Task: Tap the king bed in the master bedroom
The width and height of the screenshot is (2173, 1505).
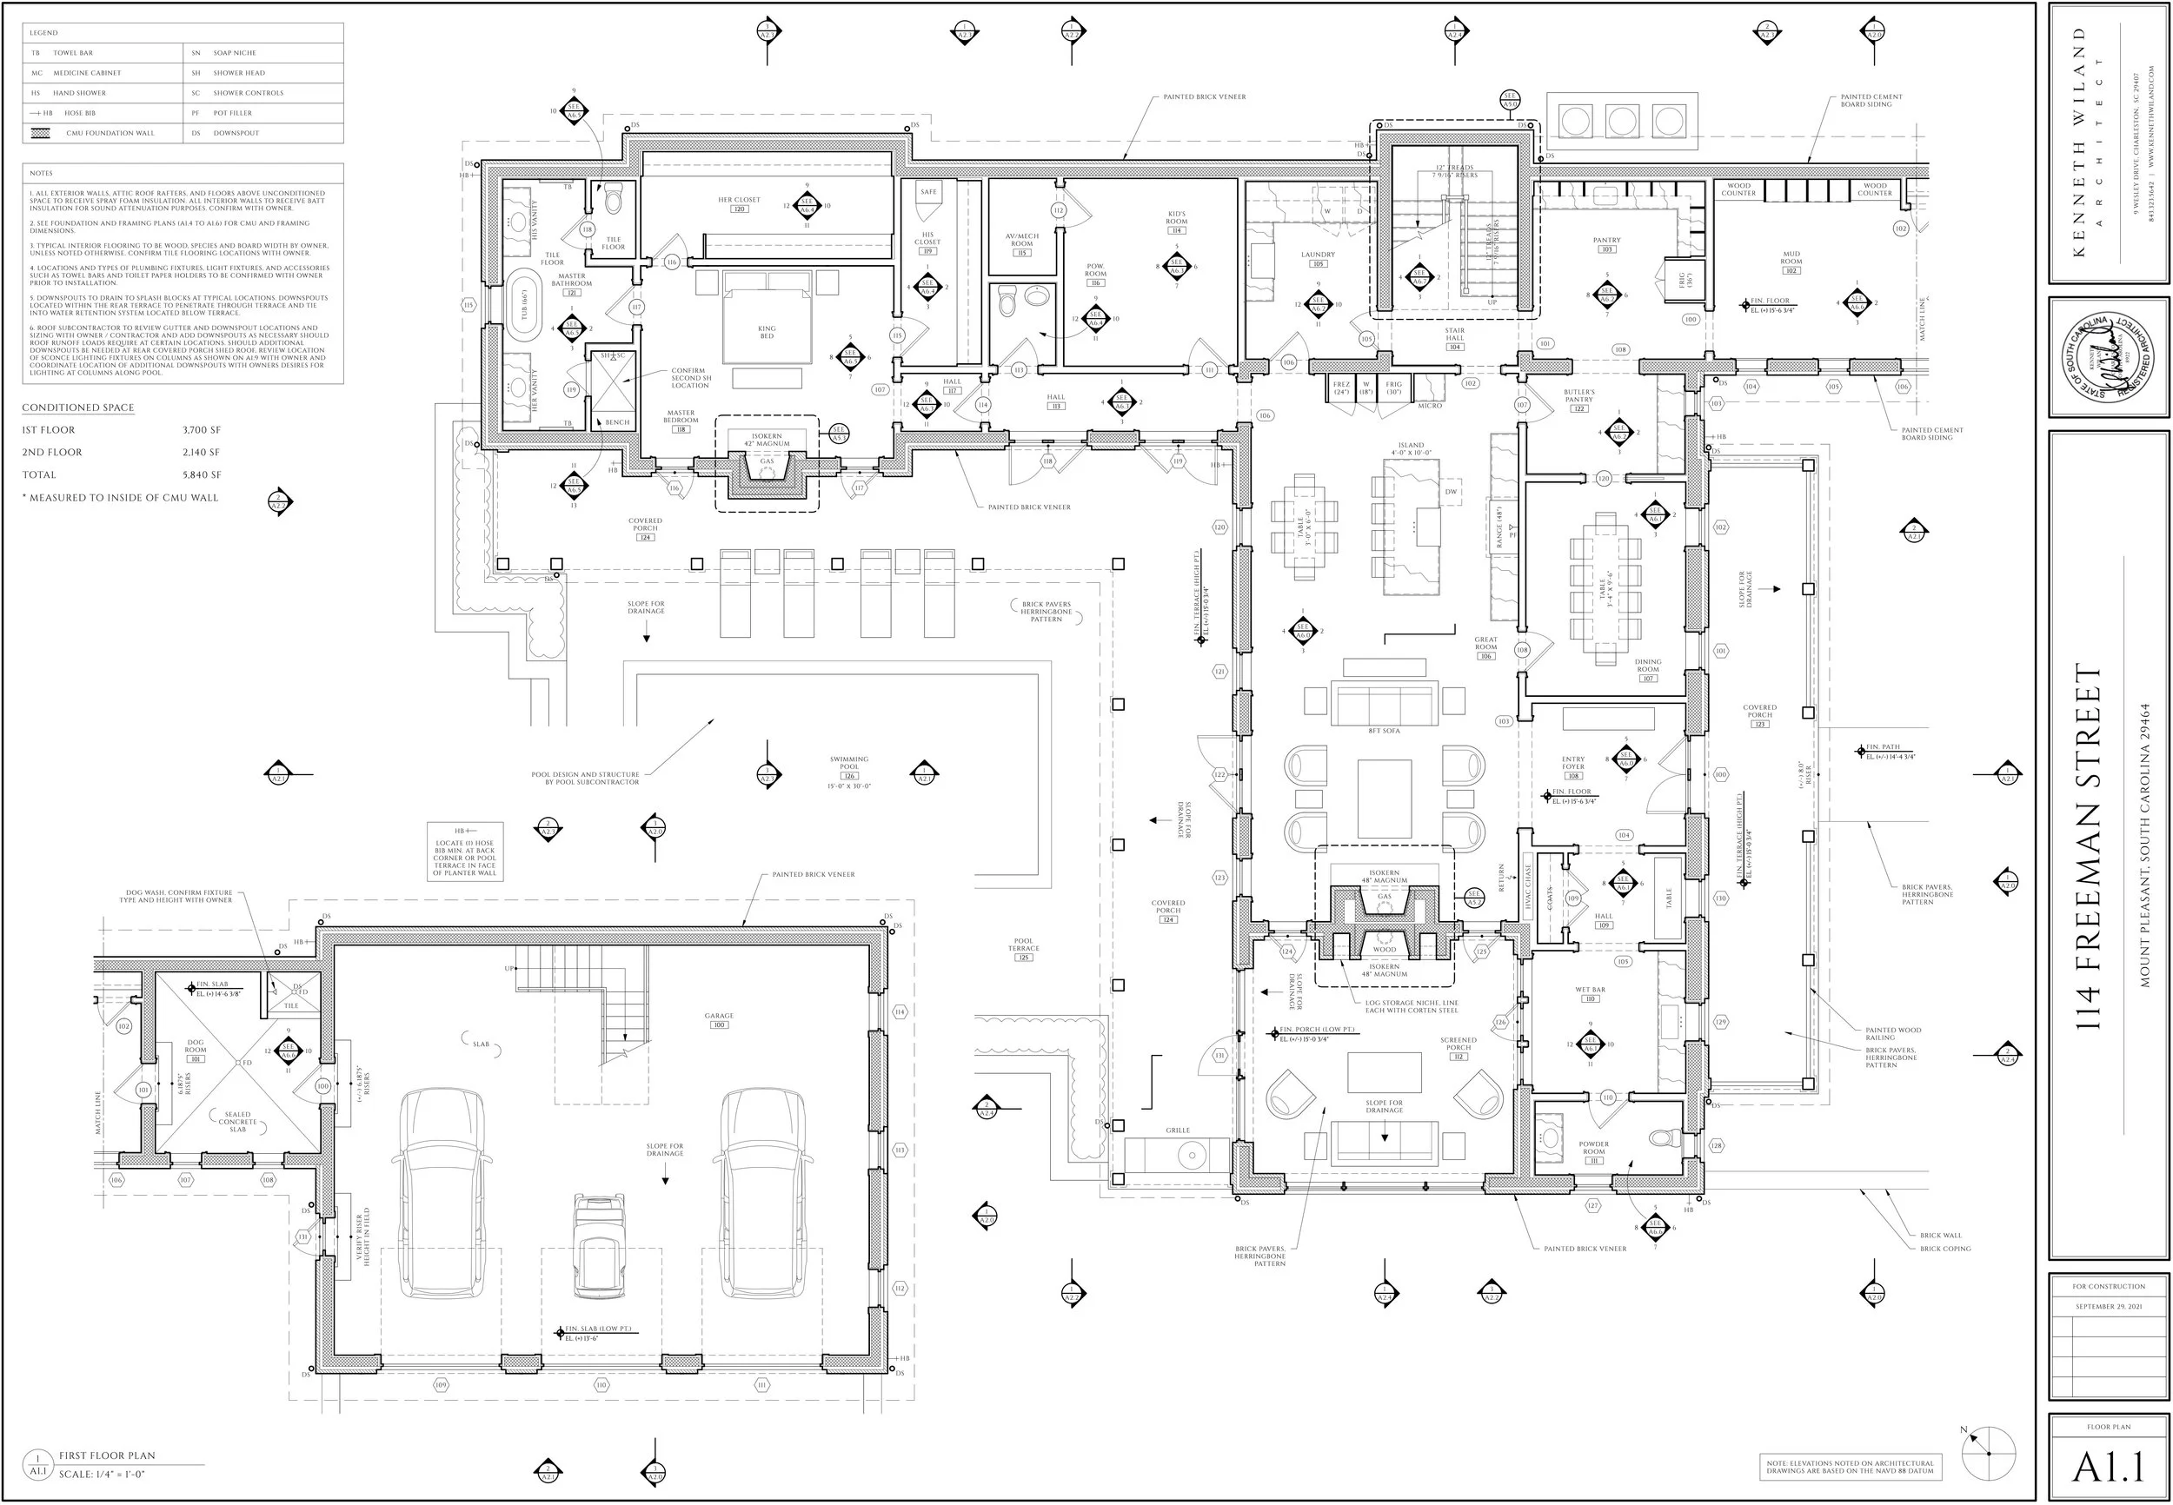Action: [767, 326]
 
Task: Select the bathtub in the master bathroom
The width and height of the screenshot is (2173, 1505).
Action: [523, 307]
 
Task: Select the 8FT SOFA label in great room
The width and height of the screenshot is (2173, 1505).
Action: [1384, 731]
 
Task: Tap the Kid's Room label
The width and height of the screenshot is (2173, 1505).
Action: [1176, 218]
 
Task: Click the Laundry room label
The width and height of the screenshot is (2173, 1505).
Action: [1318, 255]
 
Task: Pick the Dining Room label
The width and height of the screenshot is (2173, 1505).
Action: [1648, 663]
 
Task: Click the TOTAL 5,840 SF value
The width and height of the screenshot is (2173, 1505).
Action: [202, 475]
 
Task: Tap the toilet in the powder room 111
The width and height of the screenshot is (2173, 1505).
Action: [1665, 1138]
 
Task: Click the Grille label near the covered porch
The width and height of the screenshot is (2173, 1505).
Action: [1177, 1130]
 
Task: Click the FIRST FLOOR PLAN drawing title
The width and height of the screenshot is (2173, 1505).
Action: [107, 1456]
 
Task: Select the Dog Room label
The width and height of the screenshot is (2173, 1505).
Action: [196, 1047]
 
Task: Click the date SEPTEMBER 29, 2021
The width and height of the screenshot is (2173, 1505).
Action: [2108, 1307]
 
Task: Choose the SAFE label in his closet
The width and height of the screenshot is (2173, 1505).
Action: [928, 191]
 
